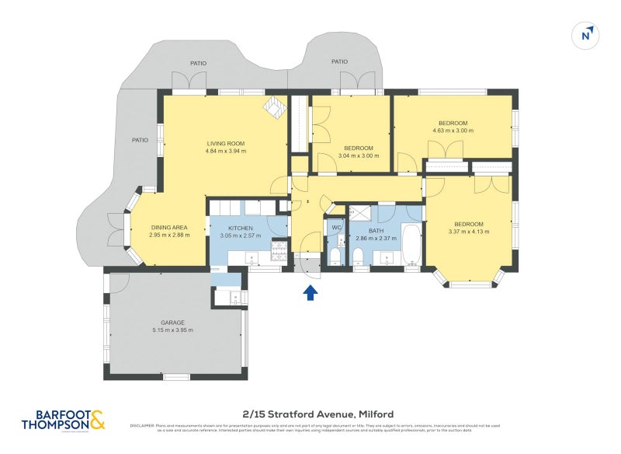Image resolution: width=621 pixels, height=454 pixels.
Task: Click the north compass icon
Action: pyautogui.click(x=588, y=35)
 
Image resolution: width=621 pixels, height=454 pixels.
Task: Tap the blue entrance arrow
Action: pyautogui.click(x=310, y=292)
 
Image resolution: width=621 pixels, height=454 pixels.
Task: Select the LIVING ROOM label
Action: pyautogui.click(x=226, y=143)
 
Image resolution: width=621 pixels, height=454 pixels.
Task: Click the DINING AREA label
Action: pyautogui.click(x=169, y=227)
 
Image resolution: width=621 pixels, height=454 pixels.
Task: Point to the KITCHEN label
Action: pyautogui.click(x=241, y=227)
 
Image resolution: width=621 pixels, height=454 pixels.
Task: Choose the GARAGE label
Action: pyautogui.click(x=172, y=322)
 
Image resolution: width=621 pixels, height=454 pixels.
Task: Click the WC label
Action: pyautogui.click(x=336, y=227)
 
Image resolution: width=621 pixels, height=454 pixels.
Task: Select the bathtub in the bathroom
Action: pyautogui.click(x=411, y=243)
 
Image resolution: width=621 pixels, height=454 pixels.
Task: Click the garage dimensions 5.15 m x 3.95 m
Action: pyautogui.click(x=172, y=330)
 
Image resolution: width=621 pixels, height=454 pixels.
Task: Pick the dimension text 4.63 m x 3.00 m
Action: pyautogui.click(x=453, y=131)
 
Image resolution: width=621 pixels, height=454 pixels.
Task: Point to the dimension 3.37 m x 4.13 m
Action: pyautogui.click(x=469, y=232)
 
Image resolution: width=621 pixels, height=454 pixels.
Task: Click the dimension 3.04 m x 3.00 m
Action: pyautogui.click(x=359, y=155)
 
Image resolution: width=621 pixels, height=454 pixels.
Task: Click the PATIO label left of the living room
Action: pyautogui.click(x=140, y=141)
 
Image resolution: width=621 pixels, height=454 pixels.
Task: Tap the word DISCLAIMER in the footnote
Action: pyautogui.click(x=142, y=425)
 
